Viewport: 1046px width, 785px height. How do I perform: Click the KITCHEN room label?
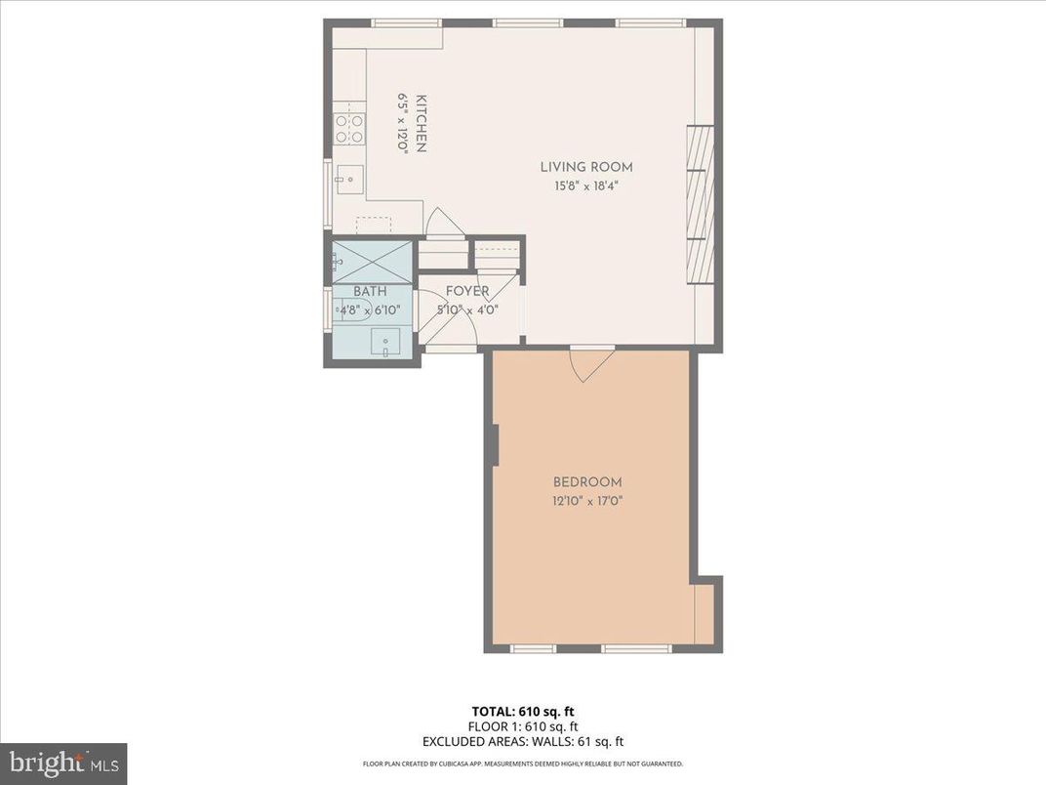coord(422,123)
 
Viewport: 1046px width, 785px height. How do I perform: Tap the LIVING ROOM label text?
coord(586,167)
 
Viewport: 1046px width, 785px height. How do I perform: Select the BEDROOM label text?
coord(586,482)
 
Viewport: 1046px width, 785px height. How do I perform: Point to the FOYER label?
coord(467,292)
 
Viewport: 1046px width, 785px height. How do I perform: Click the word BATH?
coord(370,292)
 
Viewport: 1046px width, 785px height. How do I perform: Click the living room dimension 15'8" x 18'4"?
coord(586,186)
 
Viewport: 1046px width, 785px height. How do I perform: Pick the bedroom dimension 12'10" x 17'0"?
coord(586,501)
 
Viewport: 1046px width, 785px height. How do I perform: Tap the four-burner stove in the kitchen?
coord(349,129)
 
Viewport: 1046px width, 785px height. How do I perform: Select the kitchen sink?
coord(349,178)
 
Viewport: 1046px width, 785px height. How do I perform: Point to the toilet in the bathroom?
coord(347,311)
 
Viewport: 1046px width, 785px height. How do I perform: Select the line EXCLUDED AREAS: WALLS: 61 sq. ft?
coord(522,741)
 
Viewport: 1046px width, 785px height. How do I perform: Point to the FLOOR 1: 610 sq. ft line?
coord(522,726)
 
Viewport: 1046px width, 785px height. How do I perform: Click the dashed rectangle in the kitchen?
coord(374,226)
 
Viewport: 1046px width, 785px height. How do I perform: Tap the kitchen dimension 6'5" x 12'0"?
coord(401,123)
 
